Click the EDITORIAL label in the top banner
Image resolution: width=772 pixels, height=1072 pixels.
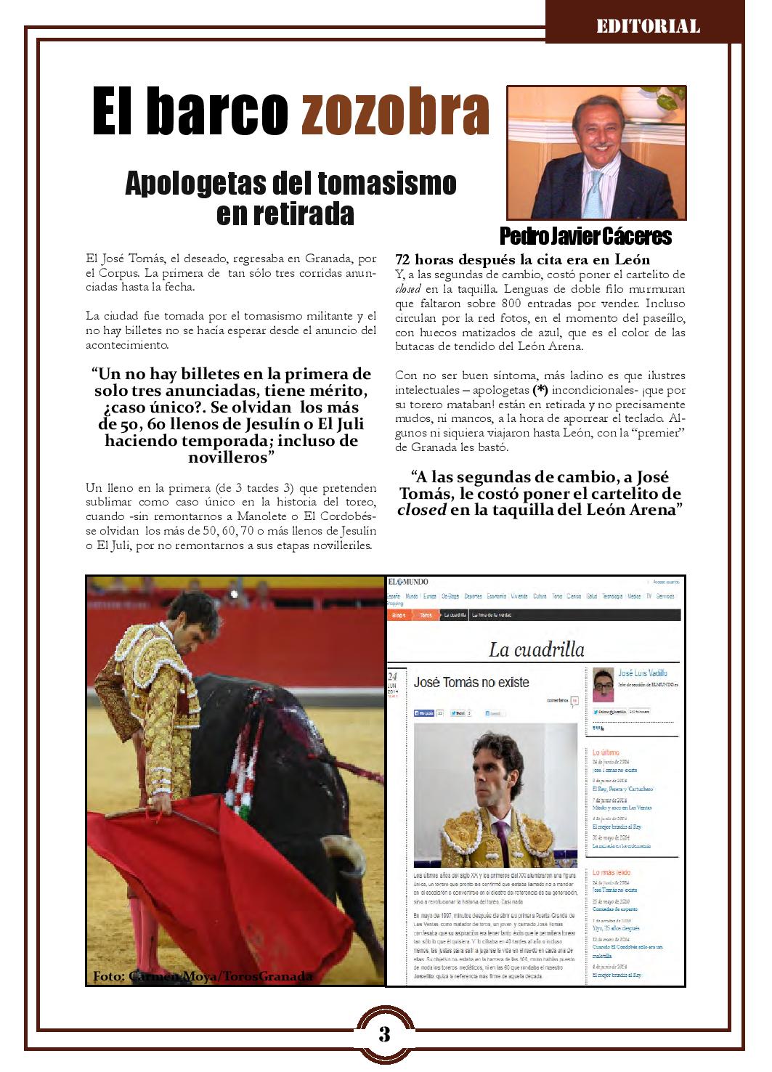pyautogui.click(x=648, y=27)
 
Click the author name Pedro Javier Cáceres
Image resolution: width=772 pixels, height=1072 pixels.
pyautogui.click(x=585, y=236)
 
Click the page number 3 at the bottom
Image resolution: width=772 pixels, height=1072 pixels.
pyautogui.click(x=384, y=1034)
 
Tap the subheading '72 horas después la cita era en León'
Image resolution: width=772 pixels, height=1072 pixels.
pyautogui.click(x=522, y=260)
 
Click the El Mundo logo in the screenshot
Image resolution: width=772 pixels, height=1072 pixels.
pyautogui.click(x=408, y=582)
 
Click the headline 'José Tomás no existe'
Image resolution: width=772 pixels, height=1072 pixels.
pyautogui.click(x=471, y=683)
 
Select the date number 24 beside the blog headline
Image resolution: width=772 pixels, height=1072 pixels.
pyautogui.click(x=394, y=675)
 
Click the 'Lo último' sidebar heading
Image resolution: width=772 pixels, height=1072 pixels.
pyautogui.click(x=604, y=752)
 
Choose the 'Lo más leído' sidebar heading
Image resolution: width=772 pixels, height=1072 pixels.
pyautogui.click(x=611, y=872)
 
